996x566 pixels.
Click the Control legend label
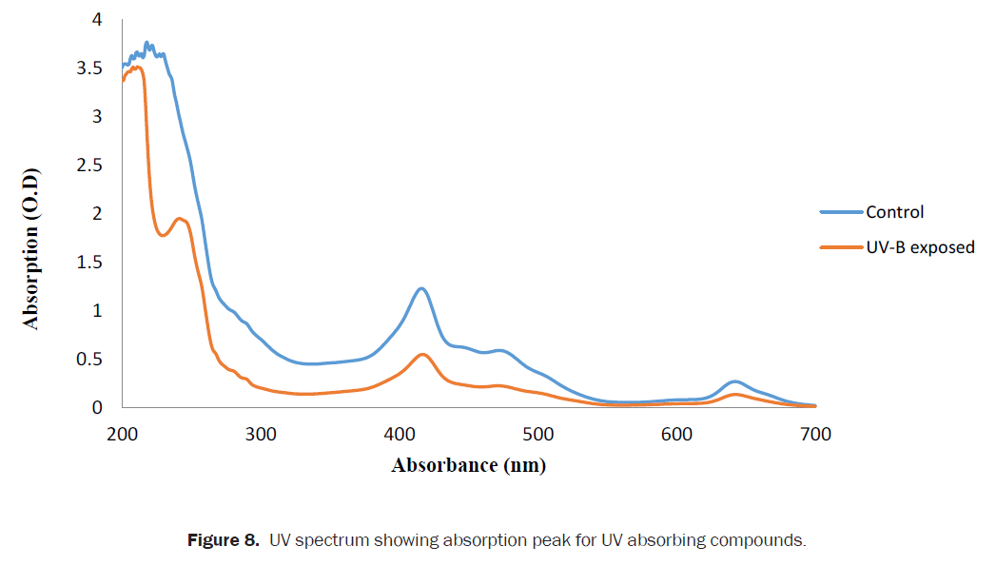pyautogui.click(x=894, y=212)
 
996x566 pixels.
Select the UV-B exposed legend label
pyautogui.click(x=920, y=247)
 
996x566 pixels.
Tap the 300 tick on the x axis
pyautogui.click(x=261, y=436)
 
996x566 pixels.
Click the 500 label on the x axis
pyautogui.click(x=538, y=436)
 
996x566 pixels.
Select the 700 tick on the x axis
pyautogui.click(x=815, y=436)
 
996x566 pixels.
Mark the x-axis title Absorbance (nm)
pyautogui.click(x=468, y=465)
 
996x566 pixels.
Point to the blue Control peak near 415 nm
pyautogui.click(x=420, y=288)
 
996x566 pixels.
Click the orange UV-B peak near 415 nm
pyautogui.click(x=422, y=355)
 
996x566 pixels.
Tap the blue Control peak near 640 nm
pyautogui.click(x=733, y=381)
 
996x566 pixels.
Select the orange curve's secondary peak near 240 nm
pyautogui.click(x=179, y=219)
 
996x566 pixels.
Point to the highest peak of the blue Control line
pyautogui.click(x=146, y=43)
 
